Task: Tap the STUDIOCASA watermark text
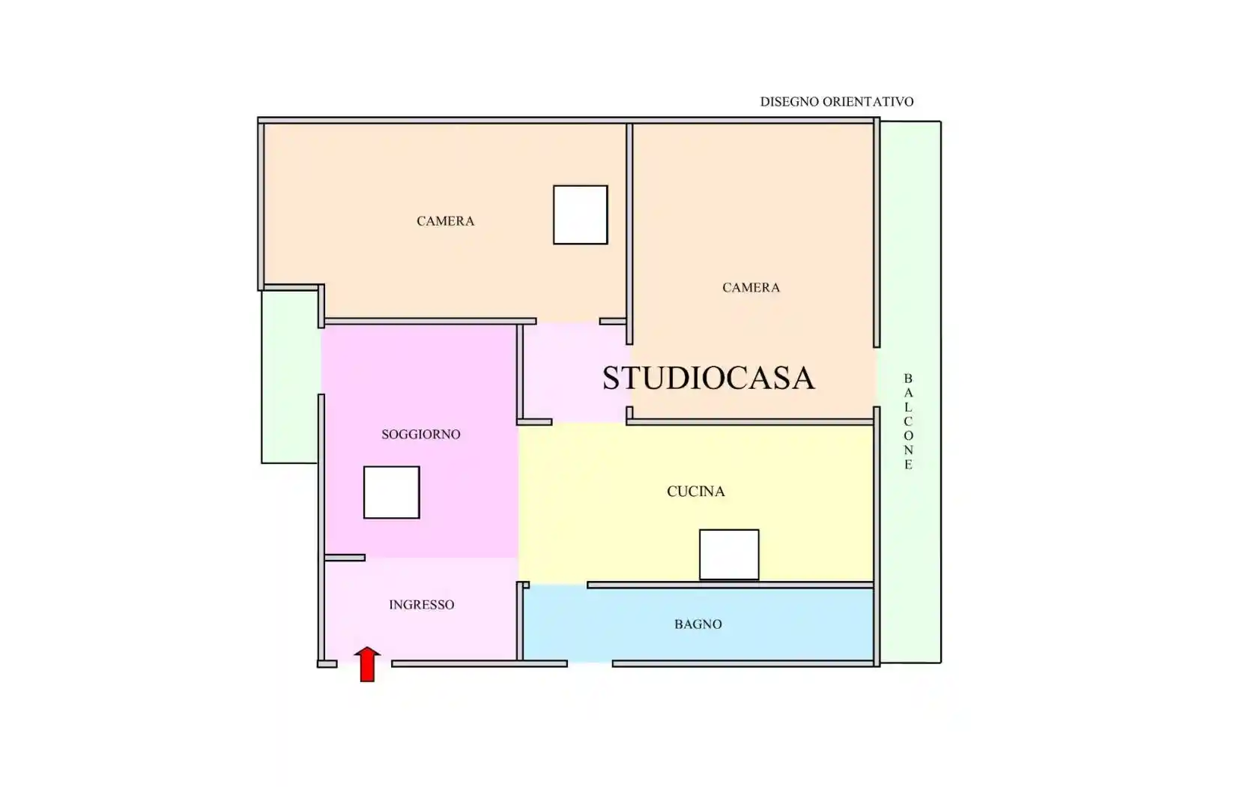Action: (708, 378)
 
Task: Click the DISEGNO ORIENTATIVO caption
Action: (836, 102)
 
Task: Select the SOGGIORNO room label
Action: (420, 434)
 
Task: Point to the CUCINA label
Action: (695, 492)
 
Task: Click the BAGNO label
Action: (698, 624)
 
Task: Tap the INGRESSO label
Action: (421, 605)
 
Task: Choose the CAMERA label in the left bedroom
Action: (445, 221)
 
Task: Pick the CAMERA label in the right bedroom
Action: (751, 288)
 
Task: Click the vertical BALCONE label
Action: (908, 422)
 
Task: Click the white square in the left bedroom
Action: (580, 214)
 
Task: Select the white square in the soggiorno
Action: (391, 492)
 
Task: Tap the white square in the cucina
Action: (728, 555)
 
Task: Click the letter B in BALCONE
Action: (908, 379)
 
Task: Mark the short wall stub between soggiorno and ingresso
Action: (345, 558)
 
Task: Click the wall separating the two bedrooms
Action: (629, 232)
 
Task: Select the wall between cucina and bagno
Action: (731, 585)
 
